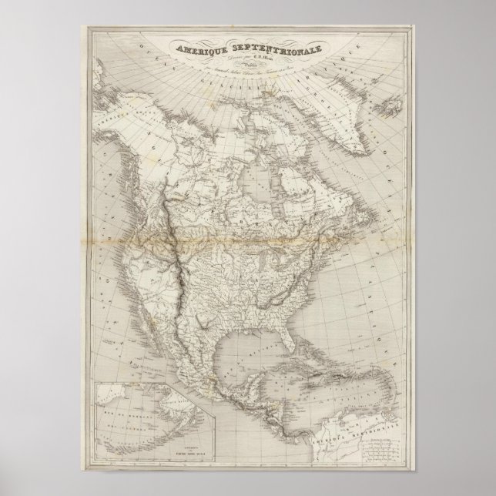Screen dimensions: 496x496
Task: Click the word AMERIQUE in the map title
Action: coord(199,47)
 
